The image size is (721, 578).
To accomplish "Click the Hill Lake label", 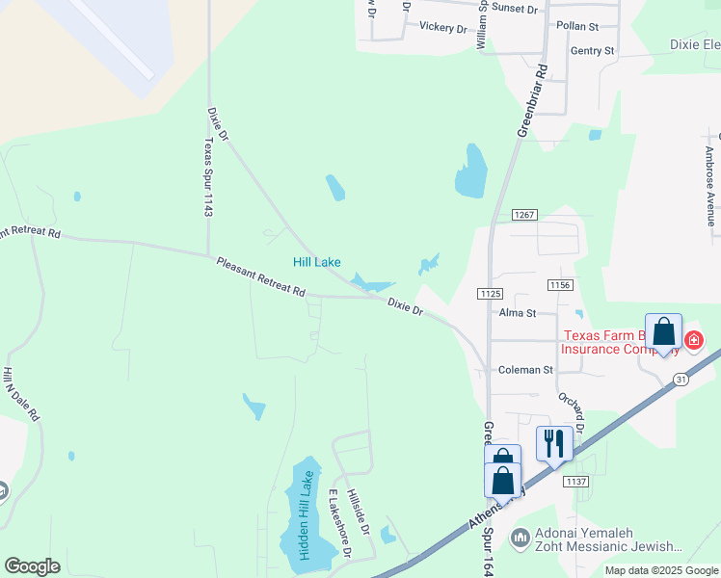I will (x=317, y=262).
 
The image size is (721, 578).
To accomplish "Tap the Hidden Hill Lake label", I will (x=306, y=515).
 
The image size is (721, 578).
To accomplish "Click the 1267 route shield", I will (x=524, y=215).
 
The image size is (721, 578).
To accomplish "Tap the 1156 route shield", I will (x=559, y=285).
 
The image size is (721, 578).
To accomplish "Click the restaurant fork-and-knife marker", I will (x=554, y=443).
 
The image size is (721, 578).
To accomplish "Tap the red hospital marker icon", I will (x=693, y=340).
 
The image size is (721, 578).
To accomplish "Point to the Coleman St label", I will (x=525, y=370).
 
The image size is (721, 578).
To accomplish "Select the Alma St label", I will (x=518, y=313).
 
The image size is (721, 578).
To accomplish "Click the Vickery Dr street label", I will (x=442, y=27).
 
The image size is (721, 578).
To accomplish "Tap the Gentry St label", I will (x=592, y=50).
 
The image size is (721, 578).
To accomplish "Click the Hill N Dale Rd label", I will (x=21, y=394).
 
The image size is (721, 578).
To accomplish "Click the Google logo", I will (x=33, y=566).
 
